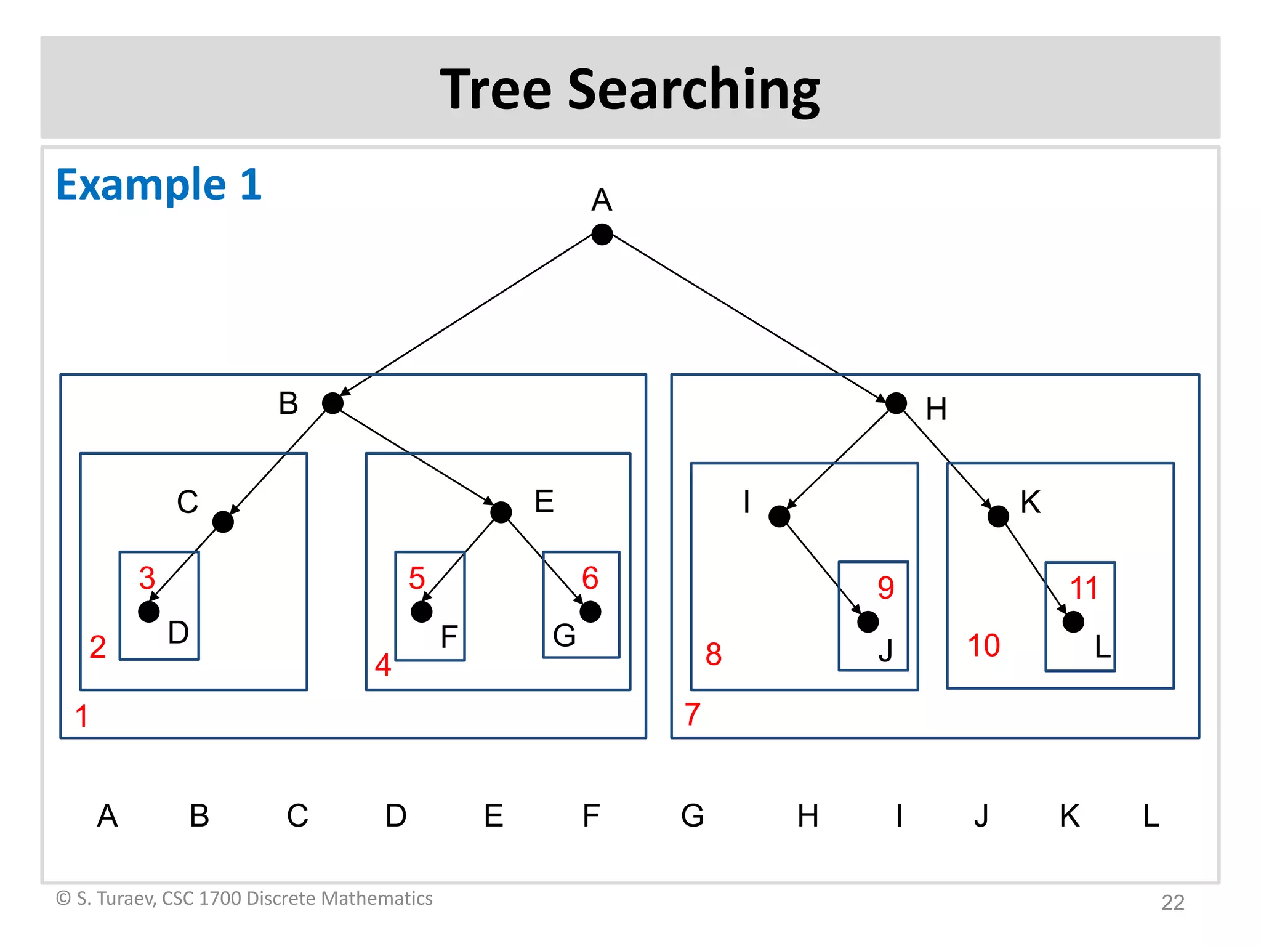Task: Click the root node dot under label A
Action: point(602,234)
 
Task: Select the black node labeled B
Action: point(332,403)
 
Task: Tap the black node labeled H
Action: point(896,403)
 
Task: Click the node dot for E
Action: point(501,512)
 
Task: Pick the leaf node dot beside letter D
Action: point(149,612)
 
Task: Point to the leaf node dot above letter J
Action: point(868,621)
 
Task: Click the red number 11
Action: point(1084,588)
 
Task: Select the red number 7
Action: point(693,714)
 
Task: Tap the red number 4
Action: point(383,665)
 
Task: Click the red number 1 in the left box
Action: point(81,716)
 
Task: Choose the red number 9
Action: point(885,588)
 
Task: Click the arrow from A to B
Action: point(468,318)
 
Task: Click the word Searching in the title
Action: point(693,90)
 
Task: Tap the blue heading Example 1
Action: point(159,184)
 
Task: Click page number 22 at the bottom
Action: point(1172,902)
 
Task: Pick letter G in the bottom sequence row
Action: point(693,815)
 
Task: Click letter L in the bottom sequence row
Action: point(1151,815)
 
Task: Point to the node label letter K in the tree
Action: point(1030,502)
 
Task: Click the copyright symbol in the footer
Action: point(63,898)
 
